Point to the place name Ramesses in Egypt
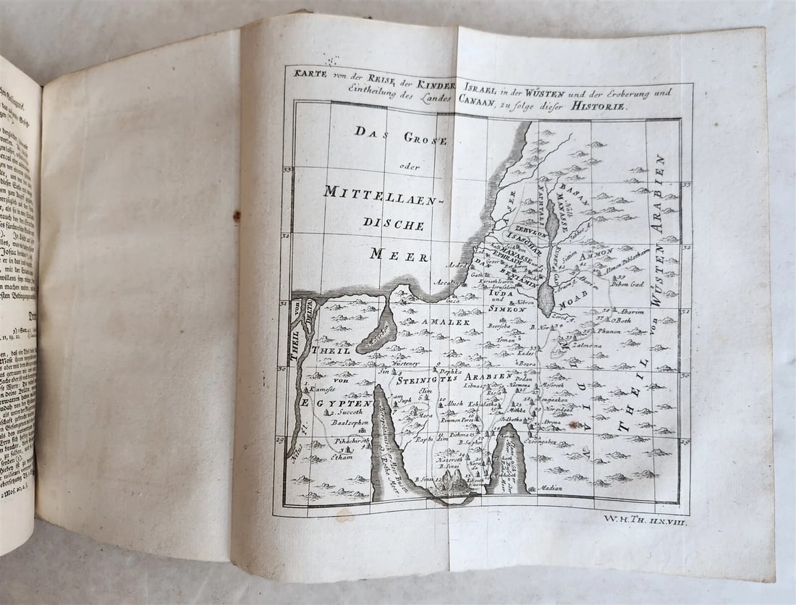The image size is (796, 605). coord(323,388)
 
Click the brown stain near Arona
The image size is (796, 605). coord(578,425)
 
